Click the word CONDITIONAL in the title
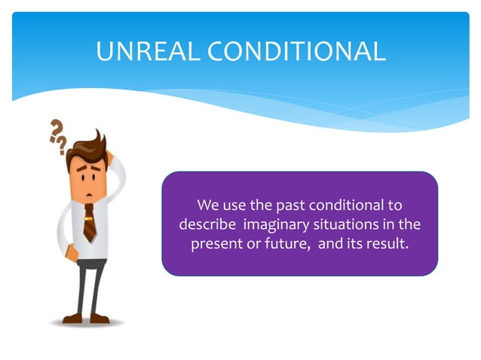[x=296, y=51]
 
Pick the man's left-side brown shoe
[x=72, y=319]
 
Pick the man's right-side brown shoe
[x=100, y=319]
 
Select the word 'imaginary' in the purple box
[x=276, y=224]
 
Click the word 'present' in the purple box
[x=216, y=244]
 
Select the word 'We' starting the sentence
[x=207, y=205]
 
